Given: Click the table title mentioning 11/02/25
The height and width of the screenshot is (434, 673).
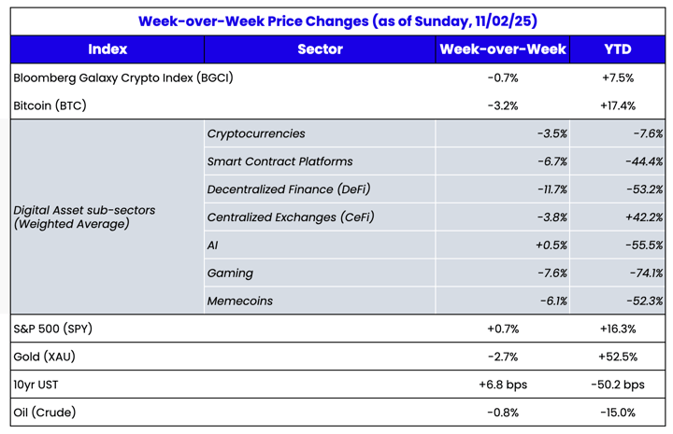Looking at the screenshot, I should click(x=337, y=21).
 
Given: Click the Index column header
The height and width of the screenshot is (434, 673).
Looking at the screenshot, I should click(x=107, y=49).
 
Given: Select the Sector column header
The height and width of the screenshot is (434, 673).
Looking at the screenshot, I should click(x=320, y=49).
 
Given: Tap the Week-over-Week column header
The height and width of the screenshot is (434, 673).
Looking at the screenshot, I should click(x=503, y=49).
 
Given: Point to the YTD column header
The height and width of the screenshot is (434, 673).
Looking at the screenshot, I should click(x=617, y=49).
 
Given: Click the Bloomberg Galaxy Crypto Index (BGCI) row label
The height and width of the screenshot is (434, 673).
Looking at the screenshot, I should click(x=123, y=77).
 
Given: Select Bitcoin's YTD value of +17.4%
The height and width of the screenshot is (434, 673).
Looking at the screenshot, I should click(x=617, y=105).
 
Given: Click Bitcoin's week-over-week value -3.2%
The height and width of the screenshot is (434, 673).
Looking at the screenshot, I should click(x=503, y=105).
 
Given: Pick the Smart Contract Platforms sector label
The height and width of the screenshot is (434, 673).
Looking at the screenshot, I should click(x=279, y=161).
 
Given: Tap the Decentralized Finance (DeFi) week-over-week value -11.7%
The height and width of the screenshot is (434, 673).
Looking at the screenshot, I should click(x=549, y=189).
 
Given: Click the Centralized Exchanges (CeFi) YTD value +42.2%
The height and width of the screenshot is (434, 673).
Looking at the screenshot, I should click(x=642, y=217).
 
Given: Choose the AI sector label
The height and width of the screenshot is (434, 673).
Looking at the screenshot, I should click(x=212, y=245).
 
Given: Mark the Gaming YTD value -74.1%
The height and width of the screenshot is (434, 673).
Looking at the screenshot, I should click(x=644, y=273).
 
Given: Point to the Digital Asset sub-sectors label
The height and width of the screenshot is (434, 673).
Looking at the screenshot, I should click(x=84, y=217).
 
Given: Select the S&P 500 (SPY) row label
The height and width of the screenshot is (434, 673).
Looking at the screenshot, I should click(x=53, y=329).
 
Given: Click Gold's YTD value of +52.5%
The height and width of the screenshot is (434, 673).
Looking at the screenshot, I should click(x=617, y=357).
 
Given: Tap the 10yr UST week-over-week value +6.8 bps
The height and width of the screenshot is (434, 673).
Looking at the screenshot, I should click(x=503, y=385).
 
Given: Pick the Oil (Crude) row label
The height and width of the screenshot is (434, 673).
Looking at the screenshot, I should click(x=45, y=413).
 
